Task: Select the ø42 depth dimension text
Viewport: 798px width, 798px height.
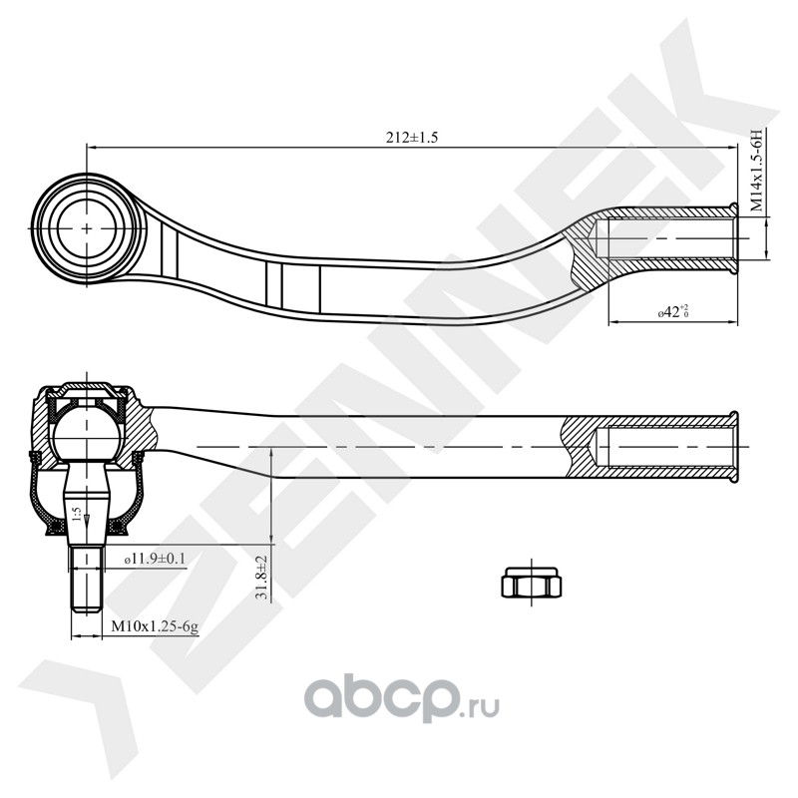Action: click(x=674, y=312)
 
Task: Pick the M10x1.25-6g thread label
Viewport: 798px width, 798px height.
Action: click(x=155, y=626)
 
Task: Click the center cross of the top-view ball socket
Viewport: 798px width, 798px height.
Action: click(x=88, y=227)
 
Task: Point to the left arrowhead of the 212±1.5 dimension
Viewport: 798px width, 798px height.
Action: click(x=92, y=148)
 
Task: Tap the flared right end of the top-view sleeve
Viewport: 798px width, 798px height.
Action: click(x=735, y=238)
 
